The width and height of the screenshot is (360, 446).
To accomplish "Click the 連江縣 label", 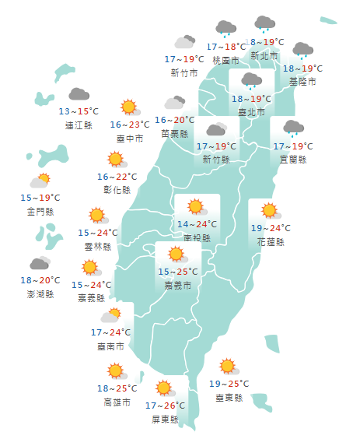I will [79, 125].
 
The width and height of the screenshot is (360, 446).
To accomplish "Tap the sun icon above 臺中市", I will [128, 107].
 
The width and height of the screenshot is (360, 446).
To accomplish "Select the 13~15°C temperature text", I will [79, 112].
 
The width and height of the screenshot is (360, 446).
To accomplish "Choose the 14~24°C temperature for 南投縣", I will [197, 224].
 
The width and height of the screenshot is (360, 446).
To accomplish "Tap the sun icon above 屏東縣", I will [163, 388].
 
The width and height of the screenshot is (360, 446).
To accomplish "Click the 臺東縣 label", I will [229, 397].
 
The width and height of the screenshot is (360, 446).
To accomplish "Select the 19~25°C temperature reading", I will [229, 384].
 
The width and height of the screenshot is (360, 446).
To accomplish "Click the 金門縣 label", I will [40, 211].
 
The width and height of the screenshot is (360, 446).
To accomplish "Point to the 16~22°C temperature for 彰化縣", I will [117, 177].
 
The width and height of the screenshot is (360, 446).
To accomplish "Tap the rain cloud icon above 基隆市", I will [302, 51].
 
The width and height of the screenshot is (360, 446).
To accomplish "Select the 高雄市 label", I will [117, 402].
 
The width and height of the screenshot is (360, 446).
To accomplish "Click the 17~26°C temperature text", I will [165, 405].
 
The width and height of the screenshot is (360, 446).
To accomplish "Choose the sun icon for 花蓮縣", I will [270, 210].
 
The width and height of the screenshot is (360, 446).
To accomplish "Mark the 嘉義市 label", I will [177, 285].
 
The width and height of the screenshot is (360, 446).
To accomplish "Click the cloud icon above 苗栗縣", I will [174, 103].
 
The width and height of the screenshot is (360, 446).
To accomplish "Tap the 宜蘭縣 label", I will [292, 159].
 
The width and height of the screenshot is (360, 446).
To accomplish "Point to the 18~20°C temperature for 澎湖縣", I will [40, 280].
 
